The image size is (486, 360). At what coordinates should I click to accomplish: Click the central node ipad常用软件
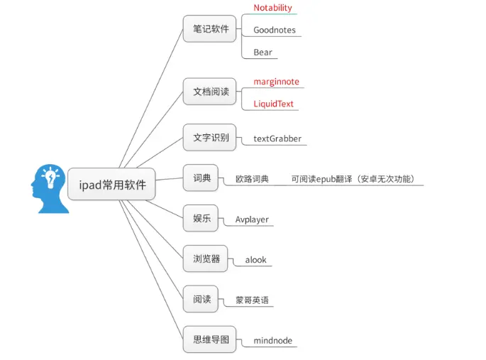[112, 185]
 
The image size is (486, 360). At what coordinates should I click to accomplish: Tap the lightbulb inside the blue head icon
[50, 179]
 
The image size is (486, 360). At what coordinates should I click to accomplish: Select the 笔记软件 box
[211, 29]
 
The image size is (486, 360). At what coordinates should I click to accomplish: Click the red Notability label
[272, 8]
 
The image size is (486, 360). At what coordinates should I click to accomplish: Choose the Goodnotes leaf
[275, 31]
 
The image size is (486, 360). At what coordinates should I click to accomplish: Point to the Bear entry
[263, 53]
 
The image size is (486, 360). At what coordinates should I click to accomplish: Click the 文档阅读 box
[211, 92]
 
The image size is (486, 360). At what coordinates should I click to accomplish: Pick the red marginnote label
[277, 82]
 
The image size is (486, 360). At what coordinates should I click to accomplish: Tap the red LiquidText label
[274, 104]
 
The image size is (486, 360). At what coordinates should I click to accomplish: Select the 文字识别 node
[211, 137]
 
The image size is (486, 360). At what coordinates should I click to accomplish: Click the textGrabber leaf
[277, 139]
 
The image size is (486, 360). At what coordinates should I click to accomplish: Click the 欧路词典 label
[252, 180]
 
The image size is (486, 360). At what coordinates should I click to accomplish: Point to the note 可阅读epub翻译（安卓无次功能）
[353, 180]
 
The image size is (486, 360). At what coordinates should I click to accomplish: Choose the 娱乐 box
[201, 218]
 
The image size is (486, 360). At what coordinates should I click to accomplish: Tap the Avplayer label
[252, 220]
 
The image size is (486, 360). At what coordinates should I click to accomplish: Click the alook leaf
[255, 260]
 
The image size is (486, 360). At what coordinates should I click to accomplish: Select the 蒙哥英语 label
[252, 300]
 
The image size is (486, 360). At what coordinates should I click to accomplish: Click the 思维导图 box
[211, 339]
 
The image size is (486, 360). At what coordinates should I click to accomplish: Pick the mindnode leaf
[272, 341]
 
